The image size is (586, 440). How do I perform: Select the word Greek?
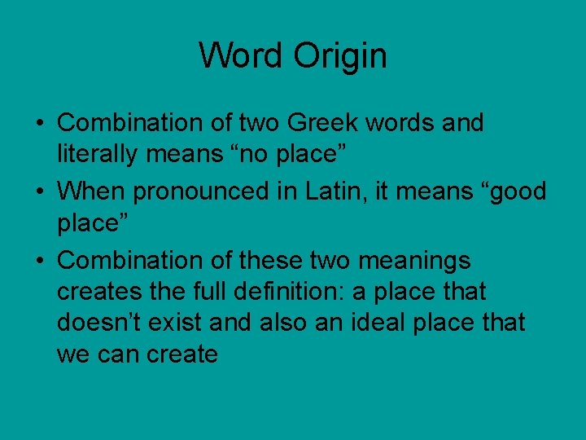pos(313,123)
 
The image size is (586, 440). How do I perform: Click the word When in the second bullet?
pos(91,191)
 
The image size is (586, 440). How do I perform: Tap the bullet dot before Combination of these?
pos(40,261)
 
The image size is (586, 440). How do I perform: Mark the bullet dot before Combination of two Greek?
pos(40,124)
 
